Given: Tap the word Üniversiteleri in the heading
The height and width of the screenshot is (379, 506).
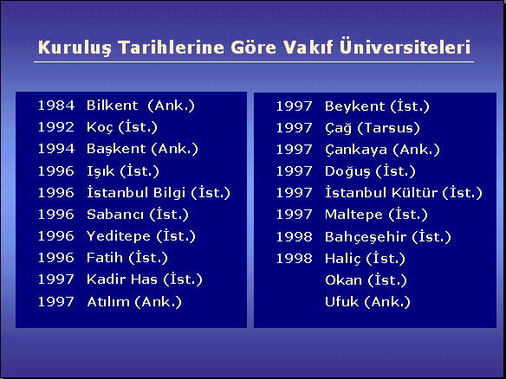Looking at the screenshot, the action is click(405, 47).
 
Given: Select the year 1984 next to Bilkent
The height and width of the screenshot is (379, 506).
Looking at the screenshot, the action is click(56, 106).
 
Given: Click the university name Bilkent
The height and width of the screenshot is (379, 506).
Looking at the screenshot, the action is click(113, 106).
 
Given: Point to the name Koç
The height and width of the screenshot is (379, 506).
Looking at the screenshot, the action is click(100, 127).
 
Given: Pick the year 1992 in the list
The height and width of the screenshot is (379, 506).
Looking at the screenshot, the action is click(56, 127).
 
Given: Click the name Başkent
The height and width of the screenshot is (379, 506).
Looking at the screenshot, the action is click(116, 149).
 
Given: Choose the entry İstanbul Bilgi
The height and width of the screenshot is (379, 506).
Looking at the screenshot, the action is click(136, 193).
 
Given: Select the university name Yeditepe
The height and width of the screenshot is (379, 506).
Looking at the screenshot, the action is click(119, 236).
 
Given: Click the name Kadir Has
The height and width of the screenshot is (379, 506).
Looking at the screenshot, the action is click(122, 279).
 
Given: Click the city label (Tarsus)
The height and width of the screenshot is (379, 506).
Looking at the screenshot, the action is click(389, 128).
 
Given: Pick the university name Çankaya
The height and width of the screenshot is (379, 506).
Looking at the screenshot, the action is click(356, 151).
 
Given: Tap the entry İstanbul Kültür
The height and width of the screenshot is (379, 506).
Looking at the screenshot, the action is click(381, 193).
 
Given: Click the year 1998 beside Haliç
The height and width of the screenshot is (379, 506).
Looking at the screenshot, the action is click(294, 259).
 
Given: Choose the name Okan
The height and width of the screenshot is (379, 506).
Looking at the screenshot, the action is click(343, 280).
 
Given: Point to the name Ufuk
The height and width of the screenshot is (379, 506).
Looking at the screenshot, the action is click(341, 302).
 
